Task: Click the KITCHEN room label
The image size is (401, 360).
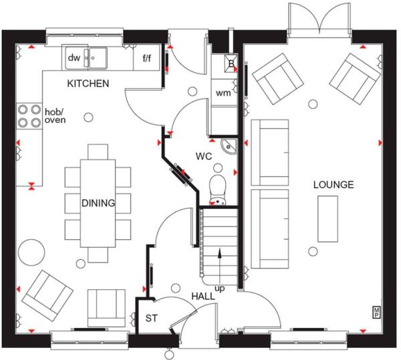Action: pos(87,83)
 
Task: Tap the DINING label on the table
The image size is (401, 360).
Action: pos(98,203)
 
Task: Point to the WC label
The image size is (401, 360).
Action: pos(203,156)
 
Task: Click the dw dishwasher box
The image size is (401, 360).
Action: pos(74,58)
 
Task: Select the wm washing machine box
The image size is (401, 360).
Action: pos(223,93)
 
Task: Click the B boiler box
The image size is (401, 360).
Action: pos(231,65)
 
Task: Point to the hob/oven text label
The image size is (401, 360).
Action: pos(56,115)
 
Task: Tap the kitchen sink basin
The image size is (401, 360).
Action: pos(100,58)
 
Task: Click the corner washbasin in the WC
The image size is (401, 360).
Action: pos(228,146)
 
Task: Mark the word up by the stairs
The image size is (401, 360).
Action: pos(219,288)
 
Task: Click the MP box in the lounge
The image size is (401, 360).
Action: pos(376,311)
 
